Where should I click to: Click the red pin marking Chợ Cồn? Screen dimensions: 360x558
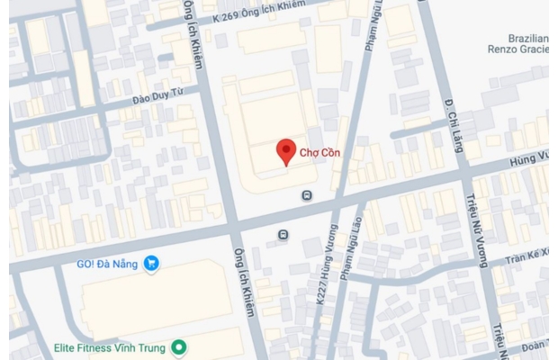285,150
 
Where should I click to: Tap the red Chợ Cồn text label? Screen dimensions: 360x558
319,153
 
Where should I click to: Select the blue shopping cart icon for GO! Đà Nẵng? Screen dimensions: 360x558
152,263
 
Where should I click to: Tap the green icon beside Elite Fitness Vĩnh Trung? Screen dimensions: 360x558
179,346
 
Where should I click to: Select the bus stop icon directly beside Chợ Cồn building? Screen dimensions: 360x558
308,194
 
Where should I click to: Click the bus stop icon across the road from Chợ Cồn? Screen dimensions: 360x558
283,235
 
